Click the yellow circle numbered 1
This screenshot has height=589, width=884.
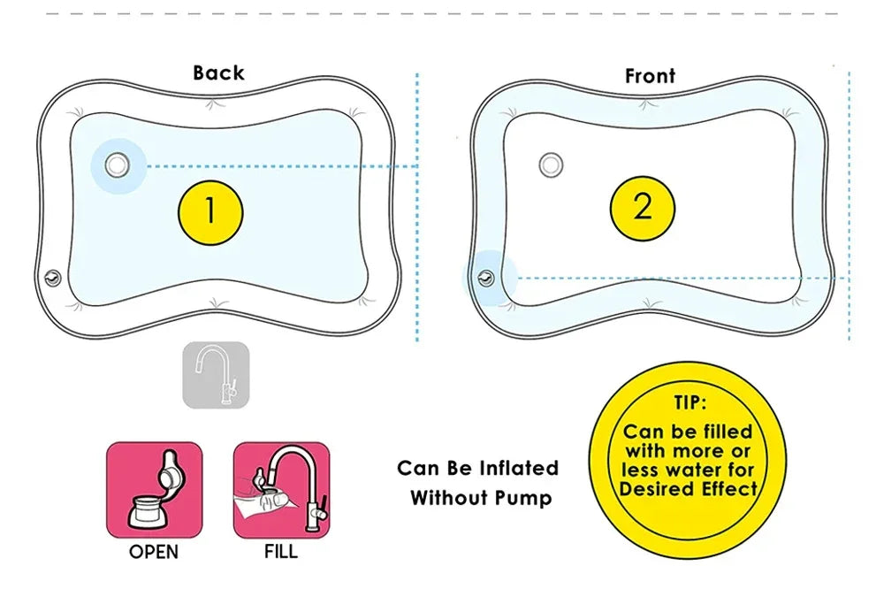point(210,210)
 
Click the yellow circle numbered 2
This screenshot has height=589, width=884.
point(643,207)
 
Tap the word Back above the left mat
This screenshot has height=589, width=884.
point(218,73)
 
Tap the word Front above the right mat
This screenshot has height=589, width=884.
point(650,76)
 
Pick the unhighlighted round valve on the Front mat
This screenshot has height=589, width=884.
point(551,164)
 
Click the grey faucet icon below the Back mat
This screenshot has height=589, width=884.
point(216,375)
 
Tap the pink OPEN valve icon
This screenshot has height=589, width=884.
point(154,490)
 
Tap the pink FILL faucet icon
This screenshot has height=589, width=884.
point(281,490)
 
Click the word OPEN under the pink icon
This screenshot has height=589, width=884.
point(154,553)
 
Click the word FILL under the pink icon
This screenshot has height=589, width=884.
point(281,553)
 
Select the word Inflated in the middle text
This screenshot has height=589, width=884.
point(519,468)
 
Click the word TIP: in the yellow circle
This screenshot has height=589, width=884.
point(690,403)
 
